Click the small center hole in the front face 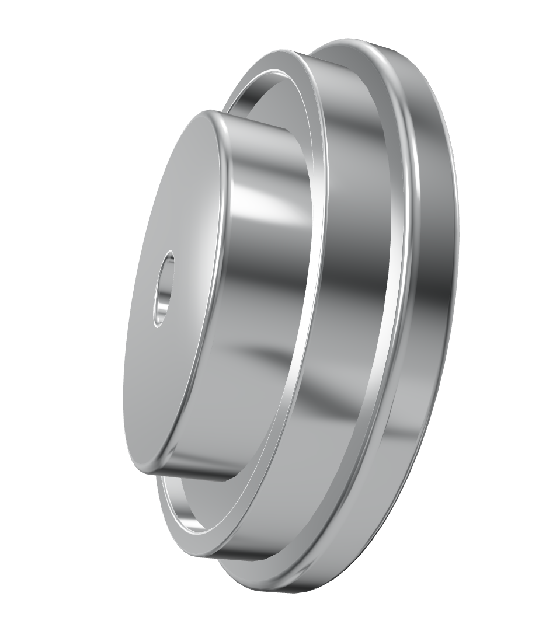[164, 289]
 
